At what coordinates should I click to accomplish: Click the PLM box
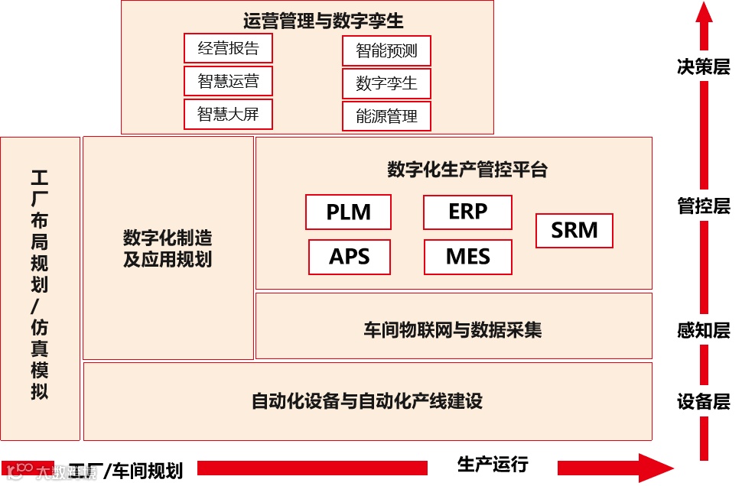tap(348, 212)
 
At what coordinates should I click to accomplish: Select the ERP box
tap(467, 212)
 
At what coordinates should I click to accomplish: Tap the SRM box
tap(574, 230)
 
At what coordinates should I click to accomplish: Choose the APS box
tap(350, 257)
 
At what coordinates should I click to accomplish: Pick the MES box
tap(467, 257)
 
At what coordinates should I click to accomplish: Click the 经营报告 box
tap(228, 48)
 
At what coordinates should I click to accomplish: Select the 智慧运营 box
tap(228, 81)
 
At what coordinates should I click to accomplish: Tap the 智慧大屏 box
tap(228, 114)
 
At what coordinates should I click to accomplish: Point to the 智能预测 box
tap(386, 51)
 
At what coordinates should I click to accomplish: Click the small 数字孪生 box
tap(386, 83)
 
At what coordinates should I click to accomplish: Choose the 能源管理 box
tap(386, 116)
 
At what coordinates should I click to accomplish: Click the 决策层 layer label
tap(703, 66)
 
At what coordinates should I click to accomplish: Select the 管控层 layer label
tap(703, 206)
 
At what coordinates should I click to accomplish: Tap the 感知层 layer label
tap(703, 331)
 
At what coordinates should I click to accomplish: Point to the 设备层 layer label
tap(703, 402)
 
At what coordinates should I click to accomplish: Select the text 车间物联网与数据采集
tap(453, 330)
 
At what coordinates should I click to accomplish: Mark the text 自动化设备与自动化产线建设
tap(367, 400)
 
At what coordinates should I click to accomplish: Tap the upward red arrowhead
tap(704, 14)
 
